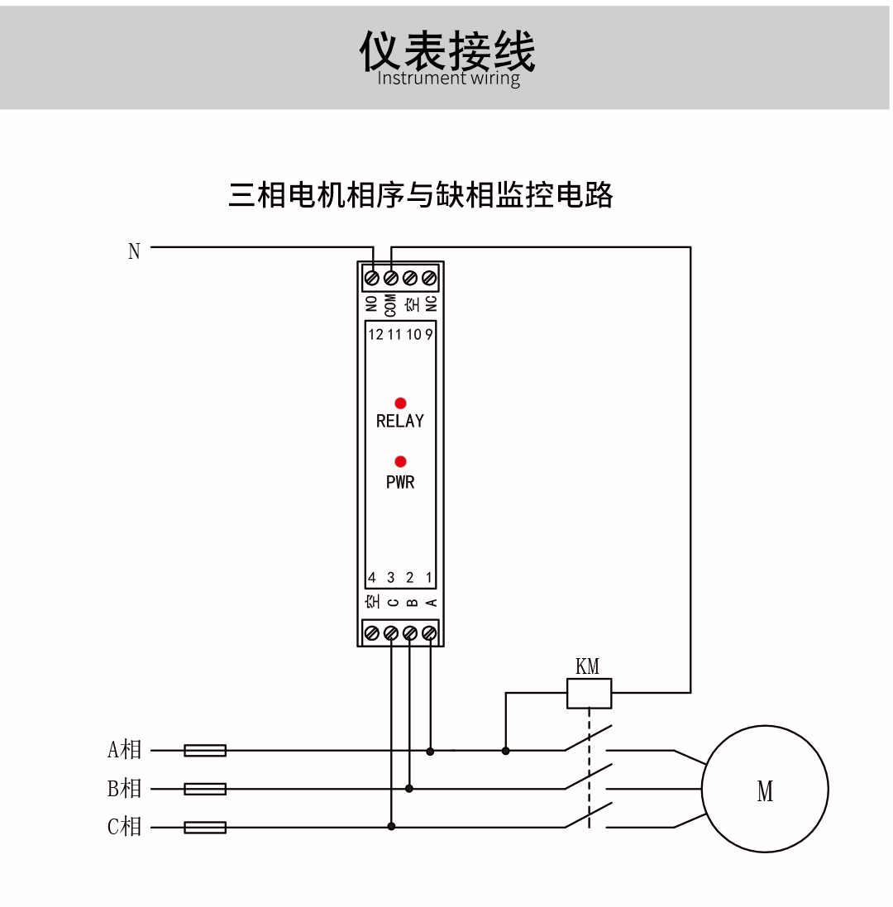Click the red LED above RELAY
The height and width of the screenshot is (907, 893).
[400, 403]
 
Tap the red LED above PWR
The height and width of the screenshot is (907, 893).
[400, 461]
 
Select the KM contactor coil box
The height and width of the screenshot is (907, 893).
[589, 693]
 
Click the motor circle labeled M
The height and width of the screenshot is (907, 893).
[765, 789]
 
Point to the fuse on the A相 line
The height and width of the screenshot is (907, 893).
[205, 750]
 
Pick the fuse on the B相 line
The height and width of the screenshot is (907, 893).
[205, 789]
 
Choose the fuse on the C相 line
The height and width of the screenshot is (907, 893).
[205, 827]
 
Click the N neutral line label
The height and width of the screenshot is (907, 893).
[134, 251]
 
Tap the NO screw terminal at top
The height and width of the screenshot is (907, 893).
[372, 278]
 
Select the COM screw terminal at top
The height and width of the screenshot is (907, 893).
[391, 278]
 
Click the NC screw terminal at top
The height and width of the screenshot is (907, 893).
[429, 278]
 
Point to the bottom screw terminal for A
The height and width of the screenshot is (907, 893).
[429, 633]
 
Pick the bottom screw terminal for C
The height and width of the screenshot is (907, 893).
[391, 633]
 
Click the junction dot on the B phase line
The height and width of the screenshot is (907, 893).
[409, 789]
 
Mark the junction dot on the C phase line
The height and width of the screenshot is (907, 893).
[392, 826]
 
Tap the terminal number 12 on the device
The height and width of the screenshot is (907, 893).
[375, 335]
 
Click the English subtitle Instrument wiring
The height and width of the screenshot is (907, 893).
[448, 79]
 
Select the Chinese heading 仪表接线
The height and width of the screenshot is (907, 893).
[447, 51]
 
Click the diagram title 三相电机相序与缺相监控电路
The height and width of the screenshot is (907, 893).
[421, 195]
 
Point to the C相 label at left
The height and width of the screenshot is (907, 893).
[125, 826]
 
